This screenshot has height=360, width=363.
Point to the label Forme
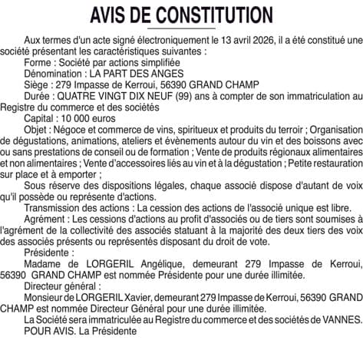coord(38,62)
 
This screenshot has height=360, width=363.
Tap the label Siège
coord(38,84)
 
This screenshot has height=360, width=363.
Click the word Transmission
coord(53,209)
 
